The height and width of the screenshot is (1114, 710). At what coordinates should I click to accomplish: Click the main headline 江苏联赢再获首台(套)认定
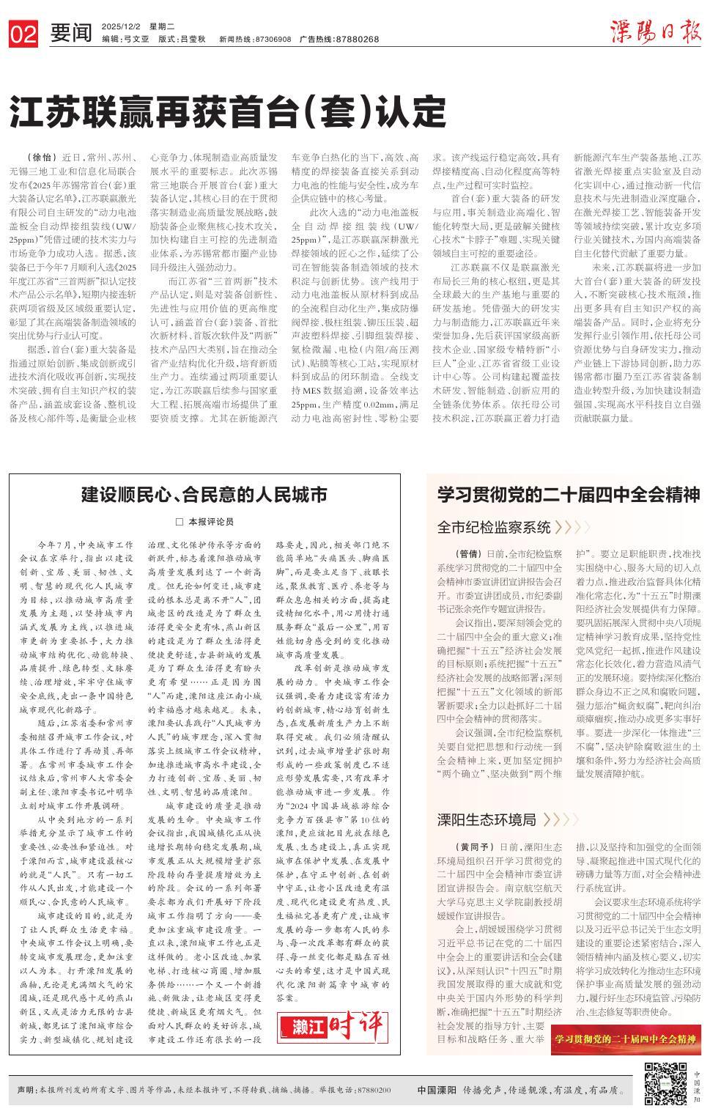pyautogui.click(x=228, y=112)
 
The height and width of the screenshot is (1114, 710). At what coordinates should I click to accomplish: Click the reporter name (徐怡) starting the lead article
pyautogui.click(x=40, y=158)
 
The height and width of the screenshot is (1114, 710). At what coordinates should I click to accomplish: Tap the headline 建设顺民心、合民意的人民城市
pyautogui.click(x=204, y=495)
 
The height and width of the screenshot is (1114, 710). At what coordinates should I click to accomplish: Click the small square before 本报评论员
pyautogui.click(x=179, y=522)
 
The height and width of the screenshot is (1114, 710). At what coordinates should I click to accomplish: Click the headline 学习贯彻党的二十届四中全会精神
pyautogui.click(x=569, y=493)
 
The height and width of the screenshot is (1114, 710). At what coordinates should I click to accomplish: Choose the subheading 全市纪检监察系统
pyautogui.click(x=494, y=527)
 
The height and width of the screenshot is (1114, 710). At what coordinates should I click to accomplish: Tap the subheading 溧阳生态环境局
pyautogui.click(x=487, y=819)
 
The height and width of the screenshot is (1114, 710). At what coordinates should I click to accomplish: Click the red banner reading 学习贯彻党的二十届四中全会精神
pyautogui.click(x=625, y=1039)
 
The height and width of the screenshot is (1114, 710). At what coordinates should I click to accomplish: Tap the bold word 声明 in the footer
pyautogui.click(x=26, y=1090)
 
